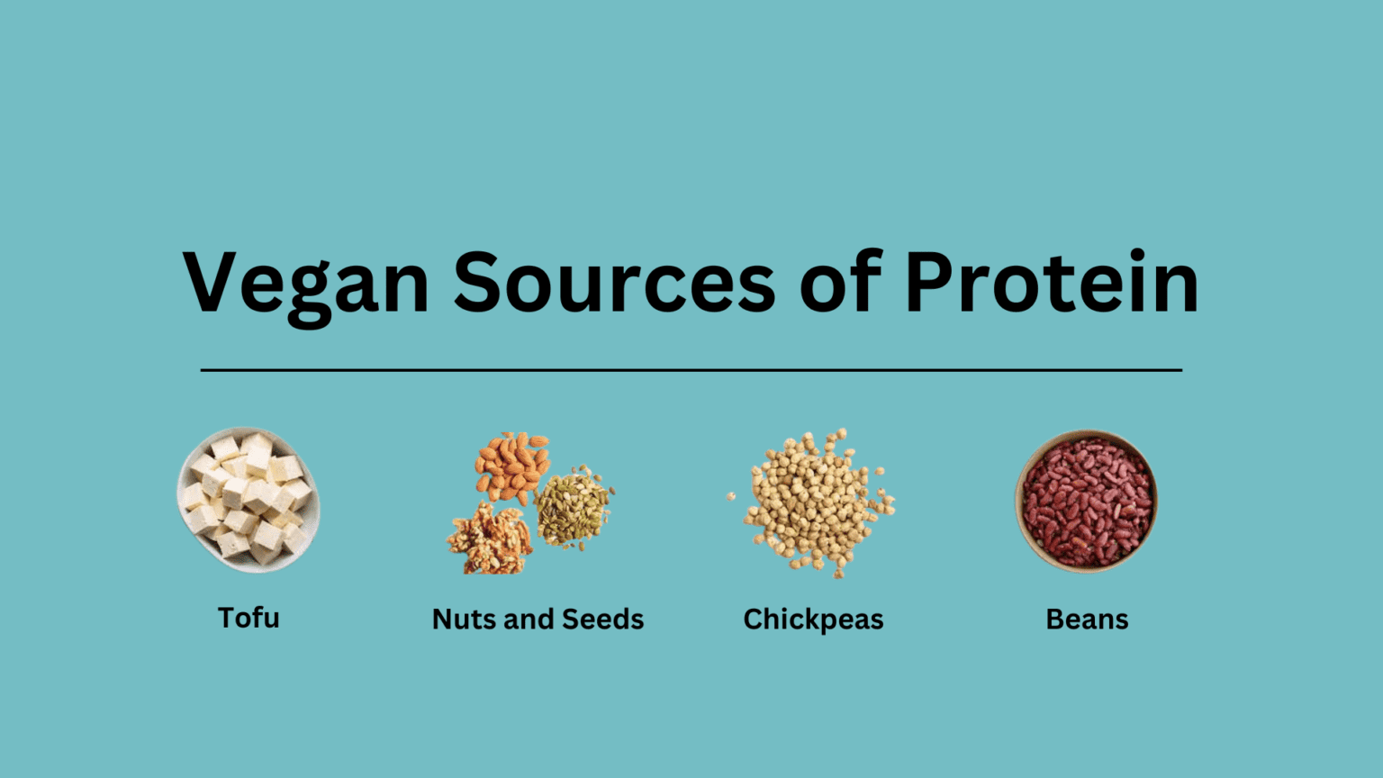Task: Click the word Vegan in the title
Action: point(306,283)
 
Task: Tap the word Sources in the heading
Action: point(613,283)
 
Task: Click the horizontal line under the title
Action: point(691,369)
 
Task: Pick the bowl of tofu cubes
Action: point(249,499)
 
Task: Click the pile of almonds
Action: point(511,465)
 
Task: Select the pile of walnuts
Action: point(489,540)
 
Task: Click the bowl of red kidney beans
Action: point(1086,501)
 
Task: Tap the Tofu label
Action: point(249,618)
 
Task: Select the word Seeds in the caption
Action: point(602,620)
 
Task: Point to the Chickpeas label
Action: point(813,620)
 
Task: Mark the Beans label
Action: point(1087,620)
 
